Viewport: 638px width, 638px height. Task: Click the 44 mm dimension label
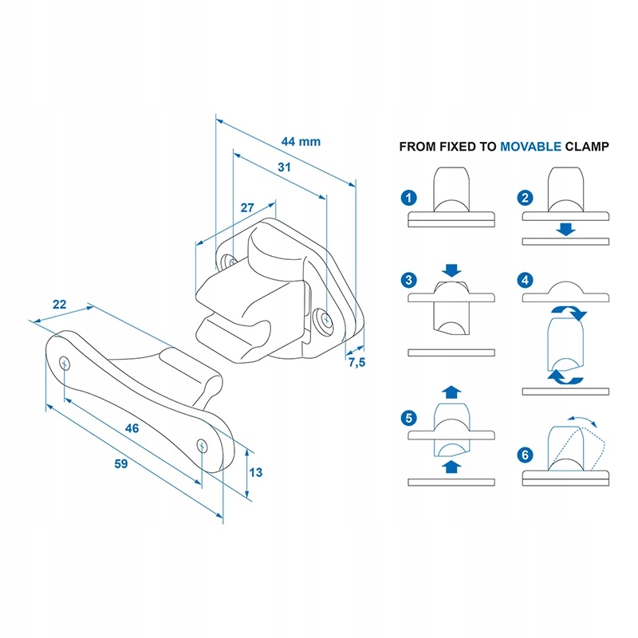tap(301, 142)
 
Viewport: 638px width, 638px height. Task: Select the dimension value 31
tap(284, 167)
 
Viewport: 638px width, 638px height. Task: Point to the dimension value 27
tap(247, 207)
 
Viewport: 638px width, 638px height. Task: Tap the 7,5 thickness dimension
tap(356, 362)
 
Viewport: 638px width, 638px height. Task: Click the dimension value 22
tap(59, 305)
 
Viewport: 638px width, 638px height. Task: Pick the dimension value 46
tap(132, 428)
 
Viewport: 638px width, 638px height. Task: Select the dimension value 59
tap(121, 464)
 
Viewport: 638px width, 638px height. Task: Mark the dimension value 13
tap(255, 472)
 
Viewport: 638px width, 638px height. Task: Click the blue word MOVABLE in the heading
tap(530, 147)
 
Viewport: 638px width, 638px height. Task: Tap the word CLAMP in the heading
tap(587, 147)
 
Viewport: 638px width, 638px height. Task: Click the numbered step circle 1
tap(409, 198)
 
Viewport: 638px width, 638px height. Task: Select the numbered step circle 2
tap(525, 198)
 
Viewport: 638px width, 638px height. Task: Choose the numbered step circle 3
tap(409, 280)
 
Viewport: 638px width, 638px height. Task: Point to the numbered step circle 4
tap(525, 280)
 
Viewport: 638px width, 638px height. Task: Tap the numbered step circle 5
tap(409, 418)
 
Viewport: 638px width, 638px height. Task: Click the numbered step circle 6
tap(525, 455)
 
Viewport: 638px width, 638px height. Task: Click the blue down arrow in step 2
tap(565, 229)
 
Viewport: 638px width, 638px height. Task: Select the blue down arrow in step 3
tap(451, 270)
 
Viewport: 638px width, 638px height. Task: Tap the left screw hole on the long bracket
tap(65, 364)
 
